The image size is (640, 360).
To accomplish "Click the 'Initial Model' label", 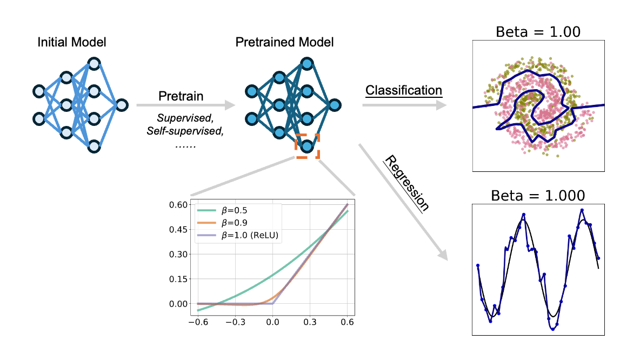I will [x=72, y=42].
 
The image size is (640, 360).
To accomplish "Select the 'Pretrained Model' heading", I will [x=284, y=42].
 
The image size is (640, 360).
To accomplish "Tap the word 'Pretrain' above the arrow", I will [x=181, y=97].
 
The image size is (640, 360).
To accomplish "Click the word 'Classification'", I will [x=403, y=90].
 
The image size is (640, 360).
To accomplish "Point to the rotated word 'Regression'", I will [x=407, y=183].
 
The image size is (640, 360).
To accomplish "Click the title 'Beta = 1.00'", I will [x=538, y=31].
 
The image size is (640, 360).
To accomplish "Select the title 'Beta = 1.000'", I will [x=538, y=195].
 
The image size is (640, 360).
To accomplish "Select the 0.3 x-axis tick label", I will [x=310, y=321].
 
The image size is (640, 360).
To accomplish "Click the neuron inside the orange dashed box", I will [x=307, y=146].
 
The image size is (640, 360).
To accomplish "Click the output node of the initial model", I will [x=122, y=105].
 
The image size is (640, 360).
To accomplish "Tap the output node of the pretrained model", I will [x=335, y=105].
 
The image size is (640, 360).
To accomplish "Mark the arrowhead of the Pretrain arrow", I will [x=230, y=105].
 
